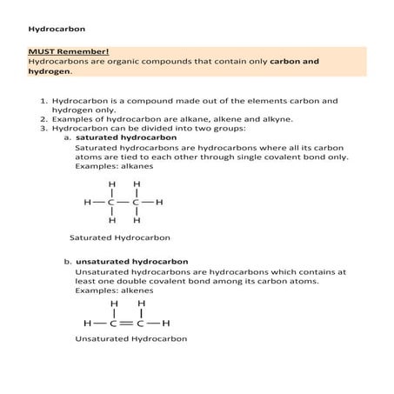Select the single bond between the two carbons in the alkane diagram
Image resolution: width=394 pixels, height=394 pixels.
[124, 203]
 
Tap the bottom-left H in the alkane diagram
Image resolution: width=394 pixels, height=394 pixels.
[112, 221]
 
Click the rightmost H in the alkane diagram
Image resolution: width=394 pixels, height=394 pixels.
[160, 203]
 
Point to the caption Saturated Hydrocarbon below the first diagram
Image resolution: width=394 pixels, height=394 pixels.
[120, 237]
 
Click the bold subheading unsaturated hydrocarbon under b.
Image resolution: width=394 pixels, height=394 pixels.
[131, 262]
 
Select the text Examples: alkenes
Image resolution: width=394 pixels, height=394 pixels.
[114, 290]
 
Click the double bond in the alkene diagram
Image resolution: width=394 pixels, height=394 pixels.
[126, 323]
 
